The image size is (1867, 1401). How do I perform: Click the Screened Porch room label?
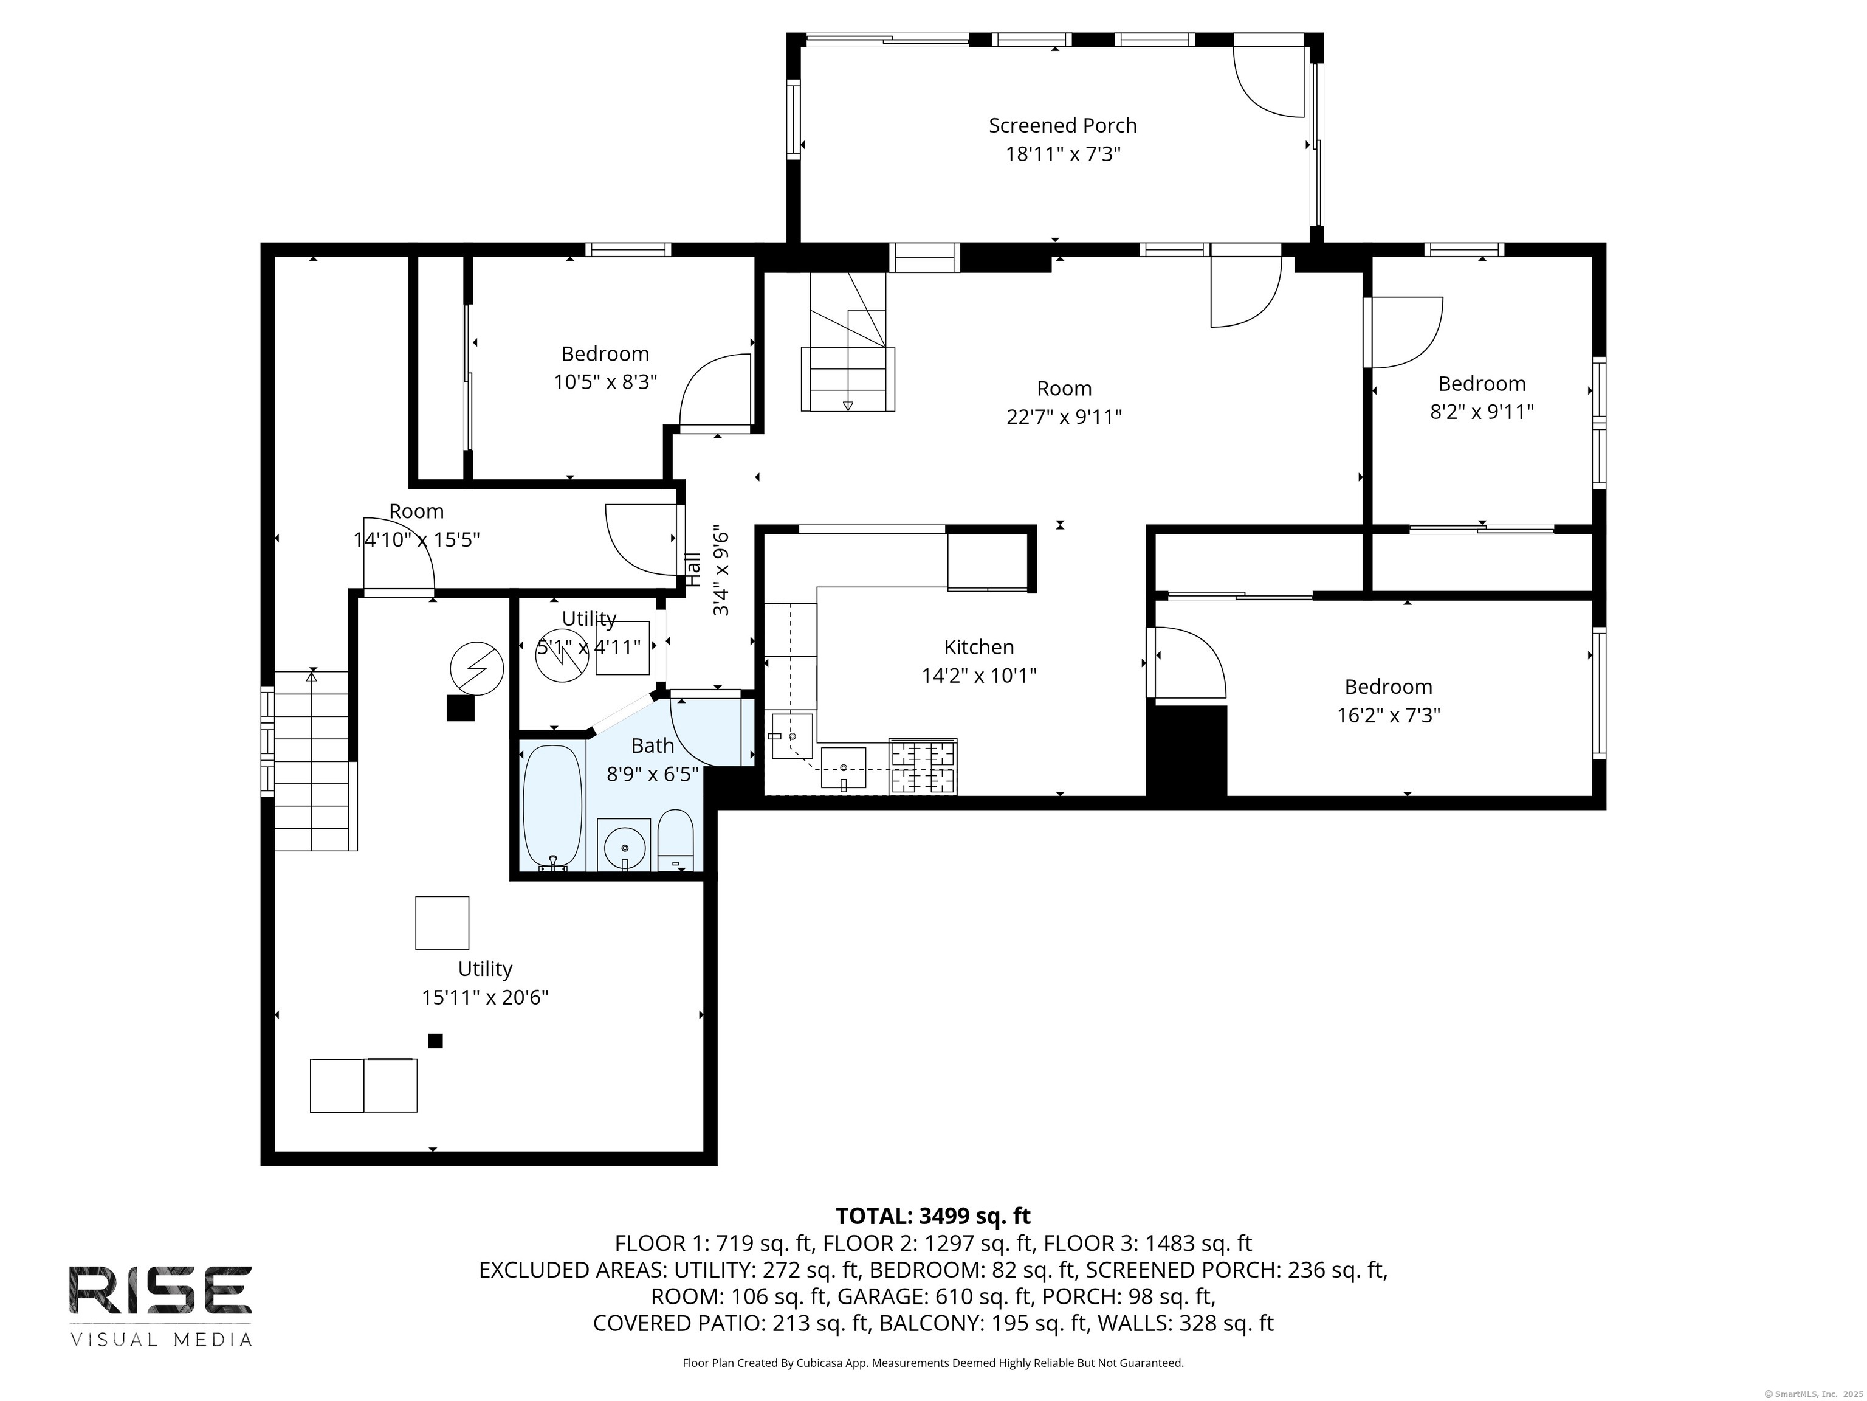tap(1062, 126)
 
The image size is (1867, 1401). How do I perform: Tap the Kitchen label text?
tap(979, 647)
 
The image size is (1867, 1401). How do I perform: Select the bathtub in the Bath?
tap(553, 808)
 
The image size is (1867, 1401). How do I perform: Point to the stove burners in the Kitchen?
tap(923, 767)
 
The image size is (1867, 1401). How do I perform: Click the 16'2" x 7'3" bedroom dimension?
tap(1389, 715)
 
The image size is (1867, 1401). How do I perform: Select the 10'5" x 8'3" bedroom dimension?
tap(605, 382)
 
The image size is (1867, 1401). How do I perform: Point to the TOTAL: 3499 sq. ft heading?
tap(933, 1216)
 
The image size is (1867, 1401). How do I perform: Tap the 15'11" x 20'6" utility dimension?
tap(486, 997)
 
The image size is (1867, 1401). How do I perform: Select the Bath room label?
tap(653, 745)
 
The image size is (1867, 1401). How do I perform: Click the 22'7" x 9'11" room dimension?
tap(1064, 417)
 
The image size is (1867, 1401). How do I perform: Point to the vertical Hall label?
tap(693, 570)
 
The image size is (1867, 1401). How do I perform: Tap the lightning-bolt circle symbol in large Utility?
tap(477, 669)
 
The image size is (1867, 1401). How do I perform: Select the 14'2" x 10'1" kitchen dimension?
tap(979, 676)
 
